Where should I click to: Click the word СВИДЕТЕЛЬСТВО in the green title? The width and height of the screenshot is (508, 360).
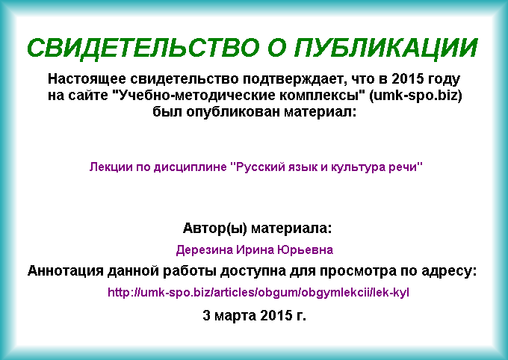coord(143,48)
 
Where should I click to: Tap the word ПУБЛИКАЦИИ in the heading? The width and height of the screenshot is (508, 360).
coord(386,49)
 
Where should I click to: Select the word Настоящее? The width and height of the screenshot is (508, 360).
coord(87,79)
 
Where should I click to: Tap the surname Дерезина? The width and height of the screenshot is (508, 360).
coord(205,250)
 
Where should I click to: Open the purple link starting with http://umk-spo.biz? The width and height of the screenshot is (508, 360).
coord(258,293)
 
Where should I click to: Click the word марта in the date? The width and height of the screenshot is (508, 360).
coord(235,315)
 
